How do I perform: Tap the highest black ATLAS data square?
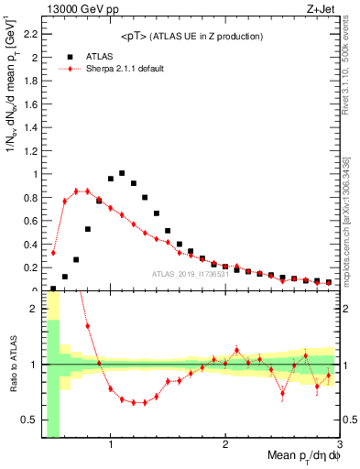tap(122, 172)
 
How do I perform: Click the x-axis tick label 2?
tap(225, 444)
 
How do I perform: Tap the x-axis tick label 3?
tap(339, 444)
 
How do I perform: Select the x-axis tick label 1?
tap(111, 444)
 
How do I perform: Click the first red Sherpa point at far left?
tap(53, 252)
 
